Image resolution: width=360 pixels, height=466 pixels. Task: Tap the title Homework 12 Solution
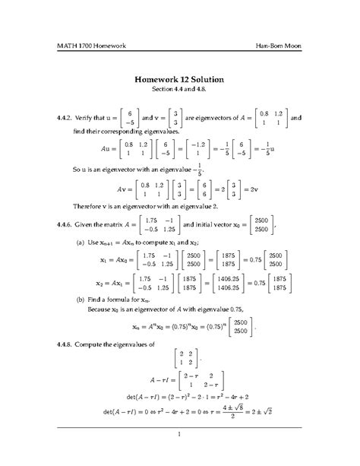[x=179, y=78]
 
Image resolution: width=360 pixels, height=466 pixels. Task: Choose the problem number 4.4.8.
[x=67, y=344]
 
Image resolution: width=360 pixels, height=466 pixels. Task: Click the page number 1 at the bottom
[x=179, y=434]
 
